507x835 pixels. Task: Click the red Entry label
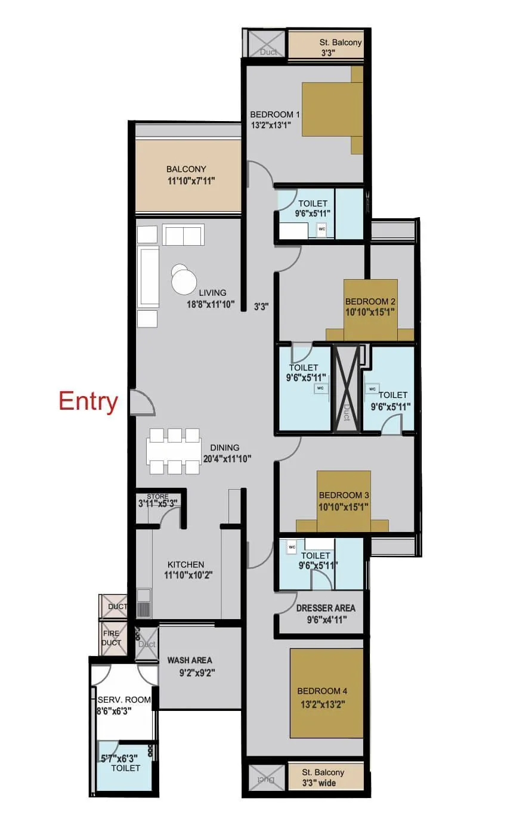click(x=88, y=401)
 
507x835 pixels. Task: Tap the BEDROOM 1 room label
click(x=274, y=115)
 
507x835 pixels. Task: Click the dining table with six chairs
click(x=174, y=451)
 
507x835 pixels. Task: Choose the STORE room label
click(x=157, y=496)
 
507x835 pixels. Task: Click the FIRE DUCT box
click(x=112, y=638)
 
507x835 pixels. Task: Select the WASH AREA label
click(x=190, y=660)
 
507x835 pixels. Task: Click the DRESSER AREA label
click(x=326, y=608)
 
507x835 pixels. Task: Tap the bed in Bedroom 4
click(x=327, y=693)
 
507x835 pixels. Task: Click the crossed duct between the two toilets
click(x=347, y=388)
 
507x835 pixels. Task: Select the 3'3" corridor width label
click(x=261, y=307)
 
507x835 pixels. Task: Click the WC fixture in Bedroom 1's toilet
click(x=321, y=229)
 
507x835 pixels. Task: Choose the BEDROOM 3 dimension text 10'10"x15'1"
click(x=344, y=507)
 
